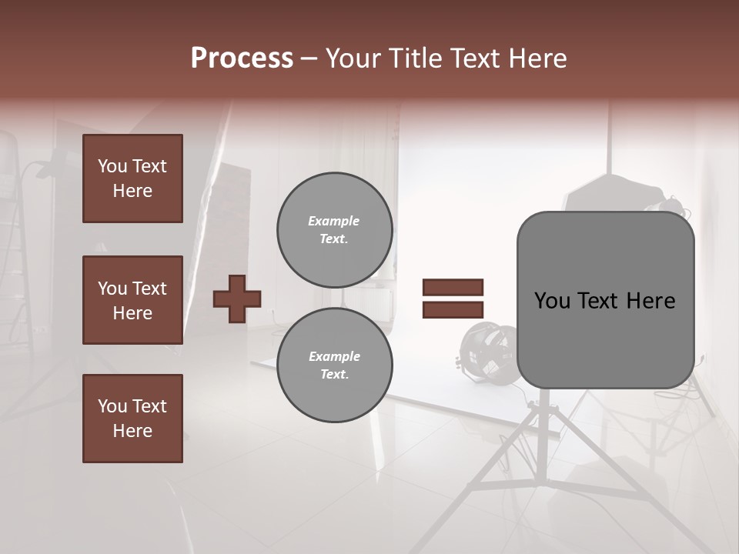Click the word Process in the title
pos(242,58)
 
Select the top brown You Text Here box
pos(132,179)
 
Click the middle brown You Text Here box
pos(132,300)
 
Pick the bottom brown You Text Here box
pos(132,419)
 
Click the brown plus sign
pos(236,299)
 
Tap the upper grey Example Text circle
pos(334,230)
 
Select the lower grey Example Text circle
pos(334,365)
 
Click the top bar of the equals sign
pos(453,287)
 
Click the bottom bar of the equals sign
pos(453,309)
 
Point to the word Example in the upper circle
pos(334,221)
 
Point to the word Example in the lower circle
pos(334,356)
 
